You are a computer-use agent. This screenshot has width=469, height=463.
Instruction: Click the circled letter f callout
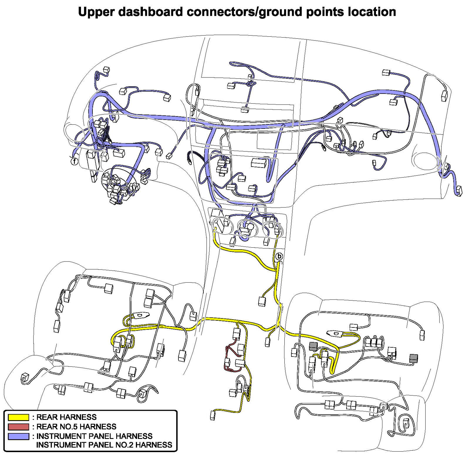point(75,161)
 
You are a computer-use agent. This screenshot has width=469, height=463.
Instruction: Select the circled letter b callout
point(279,256)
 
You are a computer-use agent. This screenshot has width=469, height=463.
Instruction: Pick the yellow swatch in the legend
point(18,417)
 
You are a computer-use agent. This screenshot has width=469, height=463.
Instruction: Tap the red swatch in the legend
point(18,426)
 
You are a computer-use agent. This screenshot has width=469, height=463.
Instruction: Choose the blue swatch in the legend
point(18,436)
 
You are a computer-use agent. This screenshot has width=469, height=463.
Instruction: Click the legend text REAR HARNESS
point(66,417)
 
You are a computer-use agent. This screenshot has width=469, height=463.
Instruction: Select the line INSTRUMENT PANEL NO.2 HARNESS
point(104,445)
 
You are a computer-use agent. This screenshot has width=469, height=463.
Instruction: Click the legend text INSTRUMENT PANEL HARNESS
point(94,436)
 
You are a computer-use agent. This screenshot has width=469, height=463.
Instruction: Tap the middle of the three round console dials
point(247,227)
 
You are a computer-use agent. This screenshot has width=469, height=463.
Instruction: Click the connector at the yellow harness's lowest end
point(213,415)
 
